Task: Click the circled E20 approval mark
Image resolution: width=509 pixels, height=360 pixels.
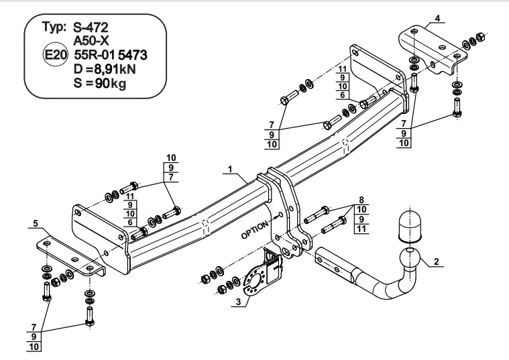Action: tap(55, 54)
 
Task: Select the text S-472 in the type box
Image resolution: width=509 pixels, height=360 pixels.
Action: tap(91, 27)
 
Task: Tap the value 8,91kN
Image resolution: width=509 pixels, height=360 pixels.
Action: tap(114, 69)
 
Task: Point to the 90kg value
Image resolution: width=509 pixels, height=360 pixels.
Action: tap(110, 83)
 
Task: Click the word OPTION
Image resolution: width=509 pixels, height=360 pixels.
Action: tap(255, 230)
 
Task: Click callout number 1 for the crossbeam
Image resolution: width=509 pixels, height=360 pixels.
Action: tap(230, 169)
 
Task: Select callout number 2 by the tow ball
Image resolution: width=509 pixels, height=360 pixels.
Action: tap(436, 261)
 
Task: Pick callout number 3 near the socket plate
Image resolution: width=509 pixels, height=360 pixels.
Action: tap(239, 302)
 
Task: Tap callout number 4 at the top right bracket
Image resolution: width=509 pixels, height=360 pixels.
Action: tap(438, 18)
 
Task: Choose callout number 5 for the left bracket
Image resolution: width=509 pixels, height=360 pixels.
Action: tap(36, 223)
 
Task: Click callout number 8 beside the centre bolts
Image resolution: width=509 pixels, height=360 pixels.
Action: tap(361, 200)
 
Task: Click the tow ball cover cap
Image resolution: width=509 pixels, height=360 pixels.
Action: tap(410, 227)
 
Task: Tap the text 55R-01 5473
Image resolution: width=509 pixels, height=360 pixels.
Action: tap(111, 55)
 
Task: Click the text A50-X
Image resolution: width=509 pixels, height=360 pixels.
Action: tap(91, 41)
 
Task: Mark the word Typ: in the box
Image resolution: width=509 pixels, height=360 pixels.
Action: tap(54, 27)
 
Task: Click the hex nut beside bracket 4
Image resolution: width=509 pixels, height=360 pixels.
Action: tap(479, 37)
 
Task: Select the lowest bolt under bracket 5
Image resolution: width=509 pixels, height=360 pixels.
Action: tap(90, 316)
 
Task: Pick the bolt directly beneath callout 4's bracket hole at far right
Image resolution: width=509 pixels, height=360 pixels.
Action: tap(457, 108)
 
